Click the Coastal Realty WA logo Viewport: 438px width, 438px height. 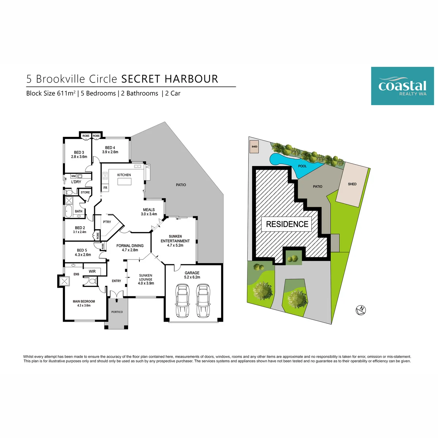click(402, 86)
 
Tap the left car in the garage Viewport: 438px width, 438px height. click(182, 300)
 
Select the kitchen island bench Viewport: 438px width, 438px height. click(124, 181)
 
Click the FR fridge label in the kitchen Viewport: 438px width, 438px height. click(105, 188)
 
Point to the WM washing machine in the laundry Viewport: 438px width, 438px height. click(73, 176)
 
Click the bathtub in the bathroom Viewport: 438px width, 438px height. click(68, 211)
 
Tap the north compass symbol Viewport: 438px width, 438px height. click(361, 310)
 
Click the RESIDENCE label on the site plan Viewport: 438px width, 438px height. click(287, 224)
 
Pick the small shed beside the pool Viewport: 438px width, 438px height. click(254, 147)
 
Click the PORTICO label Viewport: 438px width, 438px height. click(117, 312)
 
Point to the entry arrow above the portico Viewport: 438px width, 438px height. click(116, 300)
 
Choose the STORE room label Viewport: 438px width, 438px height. click(85, 192)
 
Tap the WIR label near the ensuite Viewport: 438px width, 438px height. click(92, 271)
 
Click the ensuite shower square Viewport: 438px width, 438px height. click(64, 281)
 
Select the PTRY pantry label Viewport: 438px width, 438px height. click(107, 222)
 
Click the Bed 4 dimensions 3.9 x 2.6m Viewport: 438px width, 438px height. click(110, 152)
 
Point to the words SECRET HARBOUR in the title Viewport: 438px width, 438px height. click(170, 79)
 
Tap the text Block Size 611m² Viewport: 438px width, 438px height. click(51, 93)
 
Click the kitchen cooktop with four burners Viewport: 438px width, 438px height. click(105, 176)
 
